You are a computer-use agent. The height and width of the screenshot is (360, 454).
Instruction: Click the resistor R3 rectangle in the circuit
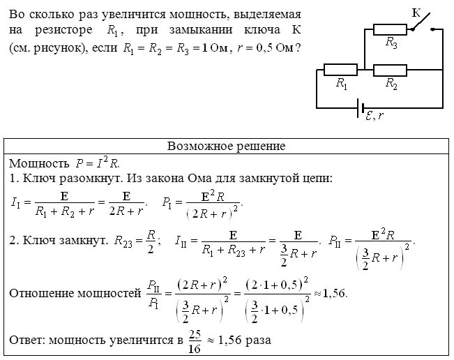[x=390, y=29]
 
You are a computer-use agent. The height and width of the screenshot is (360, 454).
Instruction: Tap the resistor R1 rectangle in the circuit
[x=340, y=70]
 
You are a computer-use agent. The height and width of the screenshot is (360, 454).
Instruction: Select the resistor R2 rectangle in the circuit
[x=391, y=70]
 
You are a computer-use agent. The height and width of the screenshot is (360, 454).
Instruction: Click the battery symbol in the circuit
[x=360, y=108]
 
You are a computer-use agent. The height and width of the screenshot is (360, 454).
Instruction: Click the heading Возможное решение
[x=227, y=147]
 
